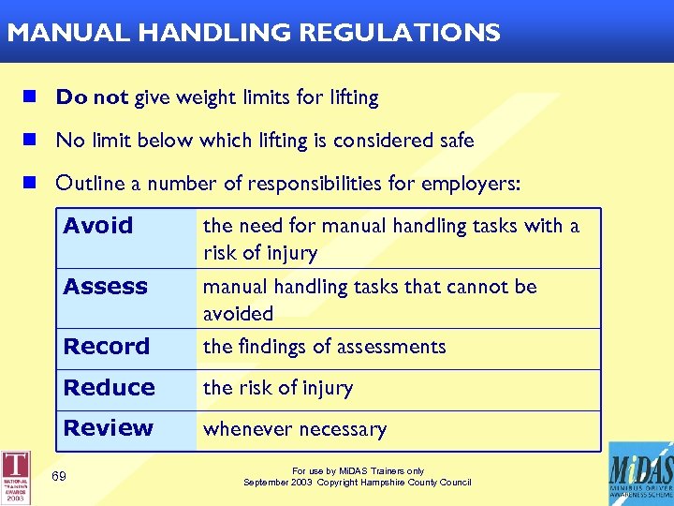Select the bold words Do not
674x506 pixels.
92,97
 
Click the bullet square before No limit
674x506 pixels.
31,141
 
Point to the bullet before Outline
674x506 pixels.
31,184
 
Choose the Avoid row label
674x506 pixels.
98,226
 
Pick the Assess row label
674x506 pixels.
106,287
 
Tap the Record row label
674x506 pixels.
107,347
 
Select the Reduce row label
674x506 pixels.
109,388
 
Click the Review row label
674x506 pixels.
109,428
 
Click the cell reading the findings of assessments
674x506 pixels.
324,347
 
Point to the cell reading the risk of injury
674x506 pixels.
278,388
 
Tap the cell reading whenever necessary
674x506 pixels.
295,430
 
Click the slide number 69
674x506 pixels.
59,477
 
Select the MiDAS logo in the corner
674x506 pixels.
640,473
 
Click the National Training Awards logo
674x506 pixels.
16,478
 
